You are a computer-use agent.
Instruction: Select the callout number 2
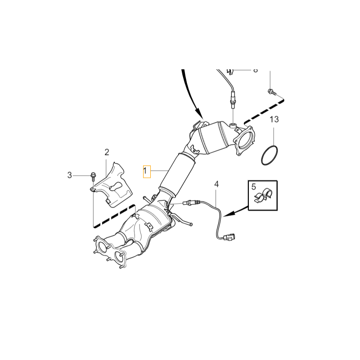click(107, 152)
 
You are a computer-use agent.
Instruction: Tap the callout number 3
click(70, 175)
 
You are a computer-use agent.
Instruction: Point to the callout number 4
click(216, 184)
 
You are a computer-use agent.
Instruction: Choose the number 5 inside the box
click(253, 187)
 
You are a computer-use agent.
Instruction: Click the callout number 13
click(274, 120)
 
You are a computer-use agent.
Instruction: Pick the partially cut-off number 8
click(255, 71)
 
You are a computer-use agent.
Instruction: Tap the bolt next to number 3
click(92, 175)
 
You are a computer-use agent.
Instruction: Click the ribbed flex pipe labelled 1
click(177, 172)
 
